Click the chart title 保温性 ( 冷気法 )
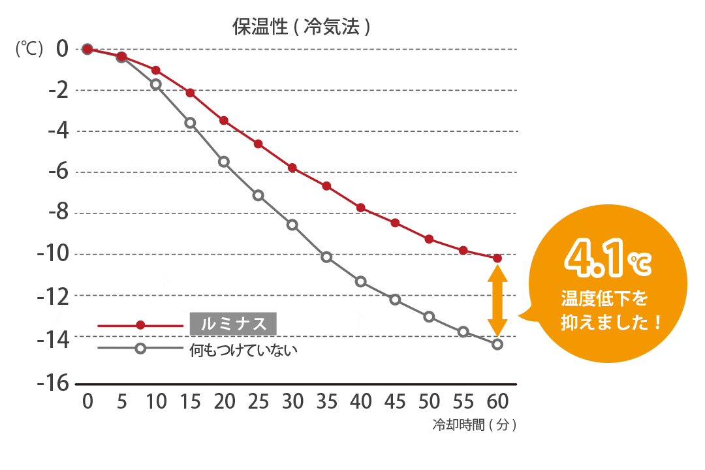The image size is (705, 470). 302,27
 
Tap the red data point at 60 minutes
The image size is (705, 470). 497,258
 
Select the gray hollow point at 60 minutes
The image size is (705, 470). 497,344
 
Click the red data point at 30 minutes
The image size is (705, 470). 292,168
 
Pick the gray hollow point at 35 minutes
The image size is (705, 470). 326,257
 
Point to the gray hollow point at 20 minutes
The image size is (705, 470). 224,161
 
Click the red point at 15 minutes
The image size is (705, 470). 190,93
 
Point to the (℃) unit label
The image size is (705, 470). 29,49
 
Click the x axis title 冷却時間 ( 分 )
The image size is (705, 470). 475,425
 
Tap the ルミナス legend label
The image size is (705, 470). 234,324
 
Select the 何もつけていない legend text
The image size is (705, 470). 243,349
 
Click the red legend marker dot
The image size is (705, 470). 140,325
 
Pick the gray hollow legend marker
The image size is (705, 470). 140,348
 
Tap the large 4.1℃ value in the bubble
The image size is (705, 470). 608,260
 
